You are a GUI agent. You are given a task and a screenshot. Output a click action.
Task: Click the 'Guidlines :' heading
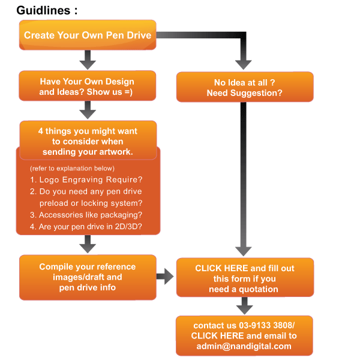47,11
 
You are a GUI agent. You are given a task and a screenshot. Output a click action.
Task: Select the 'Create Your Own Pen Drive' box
88,35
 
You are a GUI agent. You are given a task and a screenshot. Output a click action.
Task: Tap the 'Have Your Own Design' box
88,86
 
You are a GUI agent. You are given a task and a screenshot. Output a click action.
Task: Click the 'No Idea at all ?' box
245,87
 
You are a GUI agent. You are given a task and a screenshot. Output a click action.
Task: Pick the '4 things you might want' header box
88,140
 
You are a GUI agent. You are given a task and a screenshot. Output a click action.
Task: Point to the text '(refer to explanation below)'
72,168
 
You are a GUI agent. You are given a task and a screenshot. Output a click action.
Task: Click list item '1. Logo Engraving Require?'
86,179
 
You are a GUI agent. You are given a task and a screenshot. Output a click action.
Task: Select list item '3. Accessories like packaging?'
86,215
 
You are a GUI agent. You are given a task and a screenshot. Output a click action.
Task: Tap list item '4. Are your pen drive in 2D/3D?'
86,227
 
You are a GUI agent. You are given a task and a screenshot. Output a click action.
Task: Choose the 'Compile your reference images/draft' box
88,277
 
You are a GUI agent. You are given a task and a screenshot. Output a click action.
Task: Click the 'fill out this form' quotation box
245,277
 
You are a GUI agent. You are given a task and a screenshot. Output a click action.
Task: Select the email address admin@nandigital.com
244,346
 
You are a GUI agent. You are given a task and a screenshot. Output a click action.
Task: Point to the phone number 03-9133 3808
267,325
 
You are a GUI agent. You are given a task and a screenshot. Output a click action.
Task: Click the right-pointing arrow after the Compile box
165,277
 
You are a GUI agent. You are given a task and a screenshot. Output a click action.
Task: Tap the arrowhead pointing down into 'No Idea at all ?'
244,65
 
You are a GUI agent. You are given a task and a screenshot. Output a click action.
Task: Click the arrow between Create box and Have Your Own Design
88,60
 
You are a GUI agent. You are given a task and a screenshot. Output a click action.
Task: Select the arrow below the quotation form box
245,306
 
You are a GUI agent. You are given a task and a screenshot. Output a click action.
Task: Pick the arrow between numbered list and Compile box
88,244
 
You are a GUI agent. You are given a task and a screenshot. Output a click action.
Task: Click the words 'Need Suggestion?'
245,93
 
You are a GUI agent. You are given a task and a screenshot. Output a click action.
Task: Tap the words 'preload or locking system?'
91,203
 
